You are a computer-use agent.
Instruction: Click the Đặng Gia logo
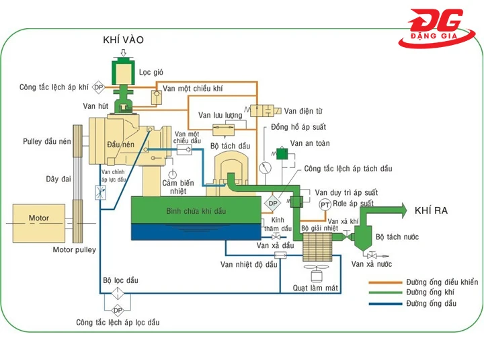point(438,28)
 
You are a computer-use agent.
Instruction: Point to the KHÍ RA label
point(431,210)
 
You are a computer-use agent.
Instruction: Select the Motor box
point(39,218)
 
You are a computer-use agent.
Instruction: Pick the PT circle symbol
point(325,204)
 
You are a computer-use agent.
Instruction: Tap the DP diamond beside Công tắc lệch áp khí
point(98,87)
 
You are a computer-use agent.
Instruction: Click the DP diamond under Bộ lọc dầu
point(118,310)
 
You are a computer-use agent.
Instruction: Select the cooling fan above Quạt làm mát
point(313,274)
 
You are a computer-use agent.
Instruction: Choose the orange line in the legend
point(386,282)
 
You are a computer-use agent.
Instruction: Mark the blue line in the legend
point(386,304)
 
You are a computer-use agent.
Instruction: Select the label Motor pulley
point(74,250)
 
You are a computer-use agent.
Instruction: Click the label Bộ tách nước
point(397,237)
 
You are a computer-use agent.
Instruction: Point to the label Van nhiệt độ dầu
point(249,265)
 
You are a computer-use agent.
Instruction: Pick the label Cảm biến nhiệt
point(178,187)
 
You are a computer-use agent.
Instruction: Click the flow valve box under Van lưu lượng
point(220,128)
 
